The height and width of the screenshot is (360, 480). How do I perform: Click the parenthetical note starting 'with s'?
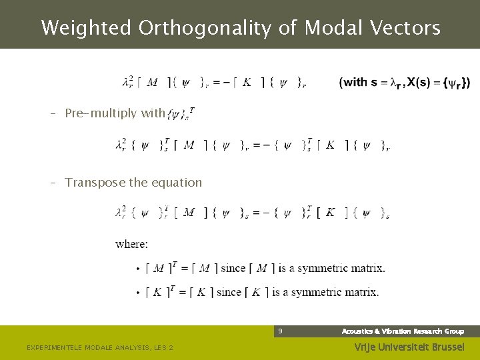pyautogui.click(x=405, y=83)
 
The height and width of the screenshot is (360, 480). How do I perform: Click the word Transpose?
pyautogui.click(x=95, y=183)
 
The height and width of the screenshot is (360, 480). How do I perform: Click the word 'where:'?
pyautogui.click(x=131, y=244)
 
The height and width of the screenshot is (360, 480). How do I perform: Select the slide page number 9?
pyautogui.click(x=281, y=331)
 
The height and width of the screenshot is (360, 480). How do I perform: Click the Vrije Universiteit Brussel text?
pyautogui.click(x=408, y=347)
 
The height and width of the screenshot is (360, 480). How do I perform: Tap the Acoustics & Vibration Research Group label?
pyautogui.click(x=403, y=331)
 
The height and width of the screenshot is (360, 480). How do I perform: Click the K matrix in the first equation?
pyautogui.click(x=247, y=83)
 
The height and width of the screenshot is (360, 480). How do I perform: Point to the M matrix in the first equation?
pyautogui.click(x=152, y=83)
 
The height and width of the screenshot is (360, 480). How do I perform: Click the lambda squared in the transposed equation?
pyautogui.click(x=120, y=213)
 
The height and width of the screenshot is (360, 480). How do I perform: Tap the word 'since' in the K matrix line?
pyautogui.click(x=230, y=292)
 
